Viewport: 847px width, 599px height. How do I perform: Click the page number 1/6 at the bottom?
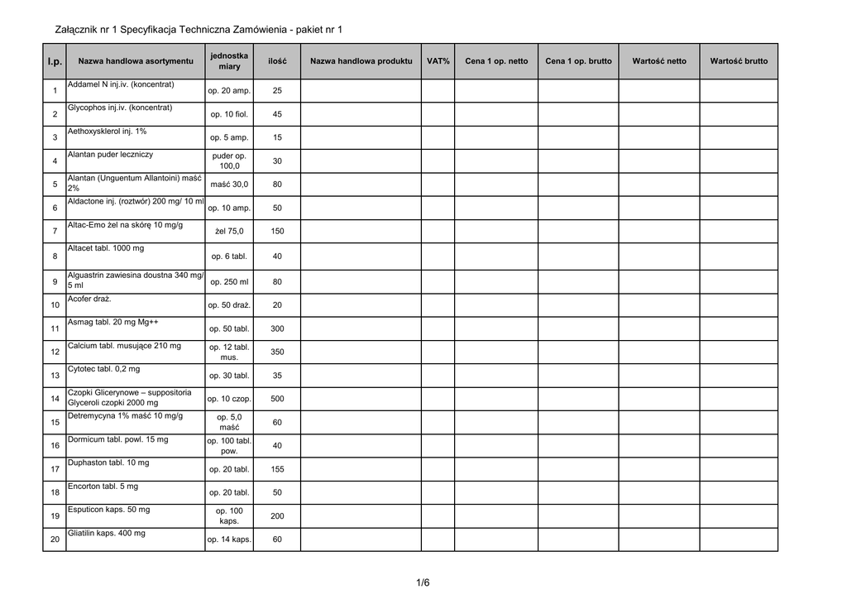tap(423, 582)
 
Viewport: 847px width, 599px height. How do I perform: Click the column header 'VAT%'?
tap(438, 61)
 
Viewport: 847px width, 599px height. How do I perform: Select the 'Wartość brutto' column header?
tap(739, 61)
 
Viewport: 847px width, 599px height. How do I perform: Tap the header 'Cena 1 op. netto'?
tap(496, 61)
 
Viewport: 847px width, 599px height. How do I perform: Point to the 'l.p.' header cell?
tap(55, 61)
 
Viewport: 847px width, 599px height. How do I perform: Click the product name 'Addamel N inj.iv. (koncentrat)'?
tap(121, 84)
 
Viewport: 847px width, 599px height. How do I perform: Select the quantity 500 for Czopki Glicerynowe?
tap(277, 399)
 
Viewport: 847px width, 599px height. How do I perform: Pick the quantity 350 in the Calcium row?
tap(277, 352)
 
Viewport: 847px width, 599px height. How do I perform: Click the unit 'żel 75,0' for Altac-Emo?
tap(229, 232)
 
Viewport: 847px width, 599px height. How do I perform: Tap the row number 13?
tap(55, 376)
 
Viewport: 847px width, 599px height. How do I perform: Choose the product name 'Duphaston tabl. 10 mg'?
tap(108, 462)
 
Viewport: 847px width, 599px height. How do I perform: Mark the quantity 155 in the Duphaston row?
tap(277, 469)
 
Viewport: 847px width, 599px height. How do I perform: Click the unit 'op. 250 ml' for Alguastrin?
tap(229, 281)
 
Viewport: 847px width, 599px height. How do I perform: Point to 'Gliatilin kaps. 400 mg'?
tap(107, 533)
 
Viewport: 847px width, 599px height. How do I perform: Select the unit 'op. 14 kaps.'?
tap(229, 539)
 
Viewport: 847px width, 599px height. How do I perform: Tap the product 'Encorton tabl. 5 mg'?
tap(103, 486)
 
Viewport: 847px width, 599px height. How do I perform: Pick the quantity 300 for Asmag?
tap(277, 328)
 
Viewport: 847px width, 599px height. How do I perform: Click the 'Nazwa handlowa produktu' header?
tap(361, 61)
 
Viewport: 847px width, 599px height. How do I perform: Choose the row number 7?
tap(55, 232)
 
